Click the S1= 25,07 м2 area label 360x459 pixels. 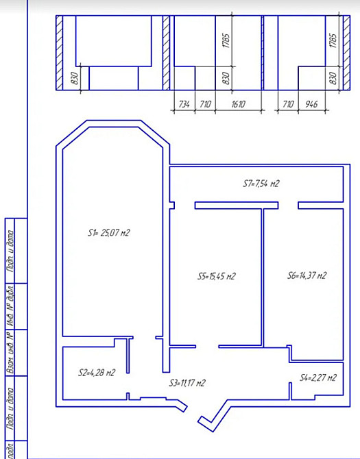108,233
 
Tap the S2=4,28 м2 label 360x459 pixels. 97,373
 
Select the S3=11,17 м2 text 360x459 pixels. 188,383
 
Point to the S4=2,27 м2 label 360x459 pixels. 318,377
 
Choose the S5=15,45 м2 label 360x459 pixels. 216,277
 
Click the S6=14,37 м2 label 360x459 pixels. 307,276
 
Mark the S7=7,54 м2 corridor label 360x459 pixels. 261,184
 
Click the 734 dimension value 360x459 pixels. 184,104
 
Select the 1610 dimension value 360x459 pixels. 238,104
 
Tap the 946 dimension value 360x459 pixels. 311,104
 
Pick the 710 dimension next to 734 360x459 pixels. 205,104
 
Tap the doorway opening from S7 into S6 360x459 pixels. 288,205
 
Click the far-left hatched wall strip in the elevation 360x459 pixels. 59,53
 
